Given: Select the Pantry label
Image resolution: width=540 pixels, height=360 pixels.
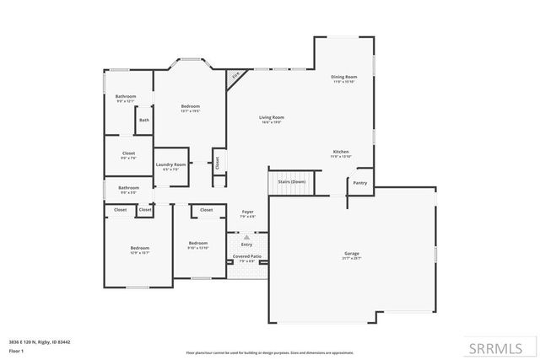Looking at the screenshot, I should point(359,182).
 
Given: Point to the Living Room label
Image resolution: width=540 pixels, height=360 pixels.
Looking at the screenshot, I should point(271,117).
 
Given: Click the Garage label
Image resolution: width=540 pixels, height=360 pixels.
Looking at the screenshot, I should point(351,253).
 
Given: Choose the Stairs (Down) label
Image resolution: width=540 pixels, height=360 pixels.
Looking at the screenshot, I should point(292,181).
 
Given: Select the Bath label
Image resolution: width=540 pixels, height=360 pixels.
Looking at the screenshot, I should point(144,120).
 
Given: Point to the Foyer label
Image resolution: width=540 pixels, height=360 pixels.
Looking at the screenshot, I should point(247,212).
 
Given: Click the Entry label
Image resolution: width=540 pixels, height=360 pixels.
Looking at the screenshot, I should point(247,244).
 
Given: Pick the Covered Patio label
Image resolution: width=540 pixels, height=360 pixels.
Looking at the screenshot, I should point(247,255).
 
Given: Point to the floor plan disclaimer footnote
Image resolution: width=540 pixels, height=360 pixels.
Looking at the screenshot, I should point(269,352).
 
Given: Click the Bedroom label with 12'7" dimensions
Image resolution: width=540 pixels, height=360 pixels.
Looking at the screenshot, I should point(190,106).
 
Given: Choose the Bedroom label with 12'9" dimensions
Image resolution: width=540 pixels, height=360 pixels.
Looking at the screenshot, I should point(139,247).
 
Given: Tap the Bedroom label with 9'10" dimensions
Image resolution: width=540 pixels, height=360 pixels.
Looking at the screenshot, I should point(197,243).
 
